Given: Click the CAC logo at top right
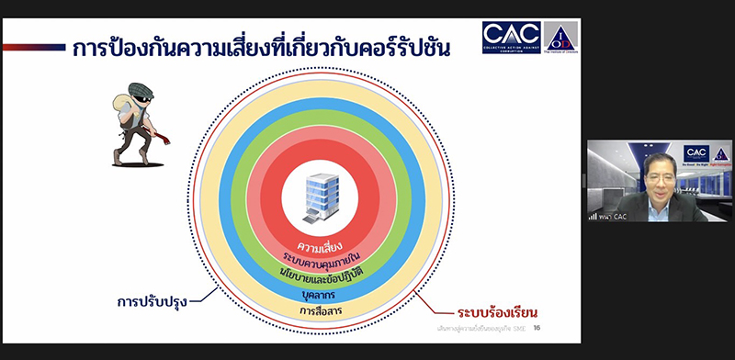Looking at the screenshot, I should [511, 37].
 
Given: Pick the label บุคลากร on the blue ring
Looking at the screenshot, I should [320, 294].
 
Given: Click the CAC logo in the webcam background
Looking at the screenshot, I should [696, 152].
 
